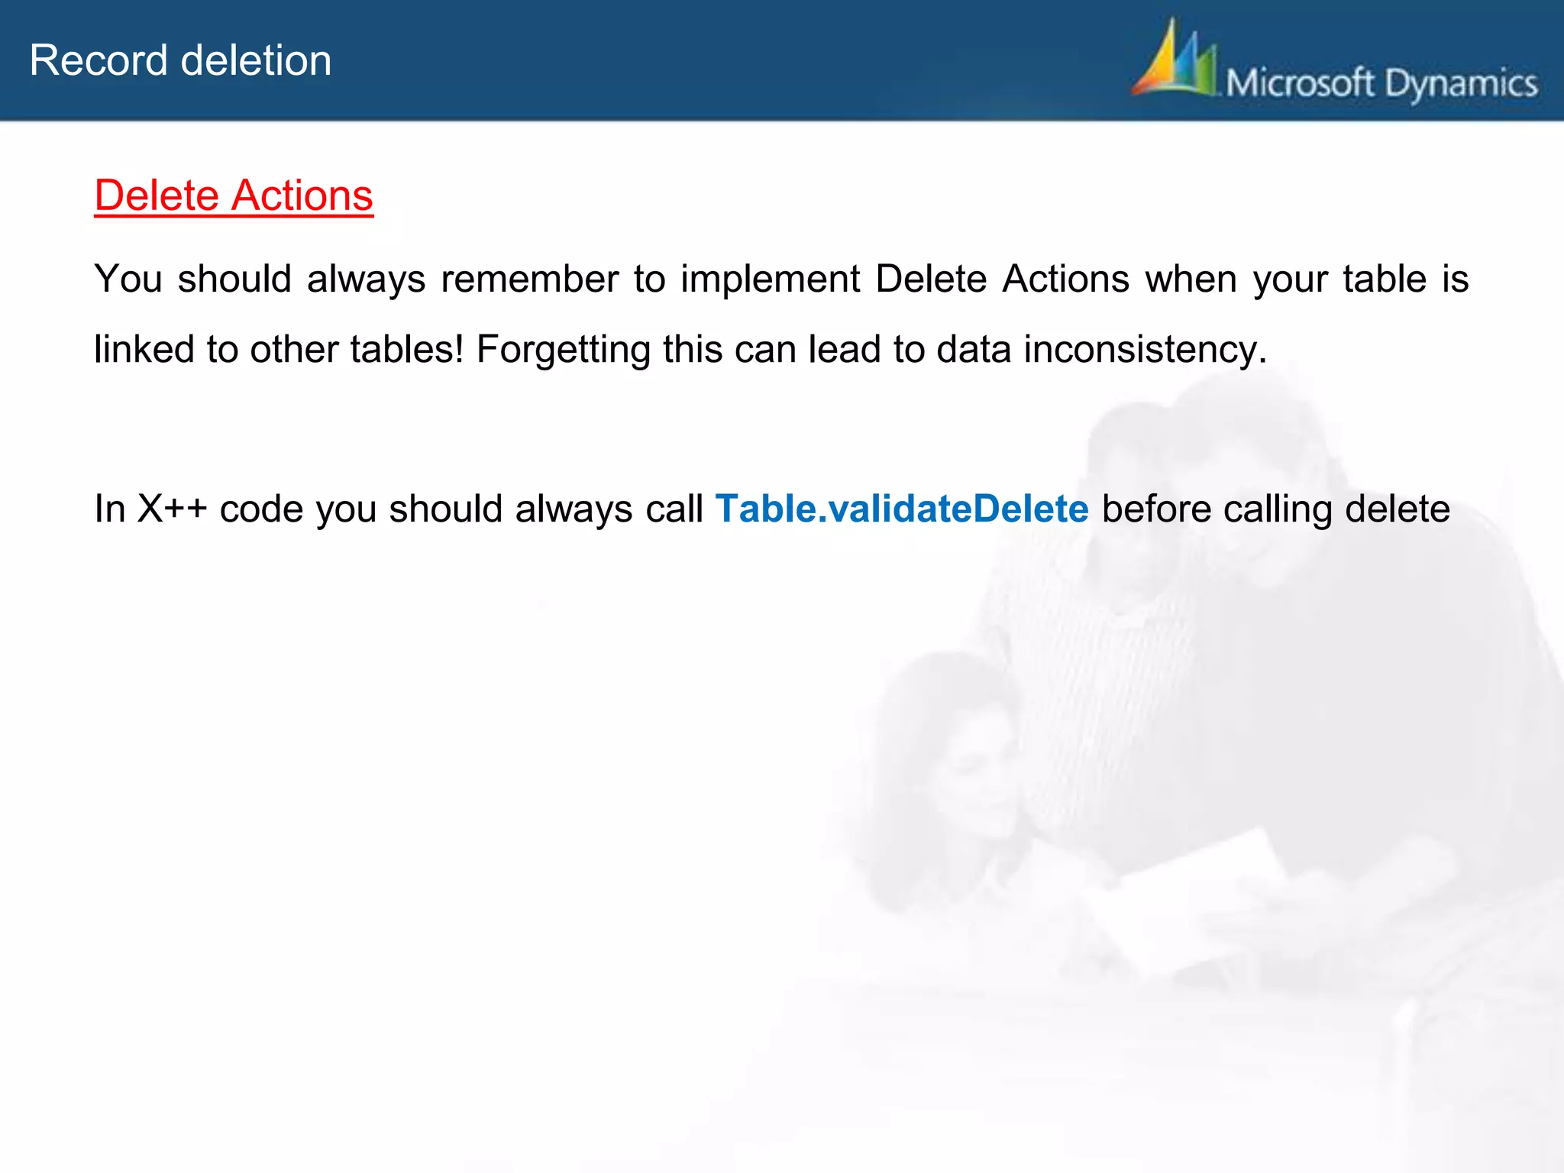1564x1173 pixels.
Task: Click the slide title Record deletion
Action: (180, 60)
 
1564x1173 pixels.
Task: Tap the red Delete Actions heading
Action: (234, 195)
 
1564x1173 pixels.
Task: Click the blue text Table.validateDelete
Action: (902, 509)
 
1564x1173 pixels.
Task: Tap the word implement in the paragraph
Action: (770, 279)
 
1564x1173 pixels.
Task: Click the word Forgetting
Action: (563, 350)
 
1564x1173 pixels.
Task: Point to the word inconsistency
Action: (1145, 350)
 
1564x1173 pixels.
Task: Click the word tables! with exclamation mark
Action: (406, 350)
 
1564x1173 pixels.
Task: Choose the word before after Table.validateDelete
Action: (1156, 509)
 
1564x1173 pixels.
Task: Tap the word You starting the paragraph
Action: (128, 279)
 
